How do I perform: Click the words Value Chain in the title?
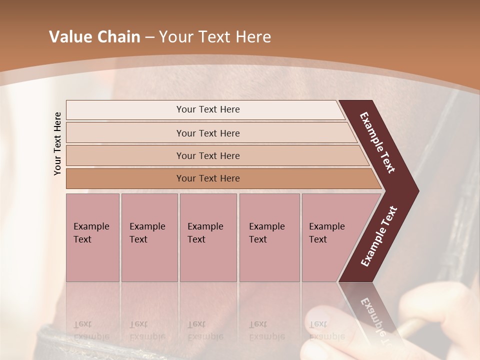tap(94, 37)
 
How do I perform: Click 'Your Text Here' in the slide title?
tap(215, 37)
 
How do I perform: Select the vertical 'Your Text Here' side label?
tap(57, 143)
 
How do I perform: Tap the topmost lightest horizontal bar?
tap(207, 109)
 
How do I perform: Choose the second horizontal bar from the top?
tap(207, 133)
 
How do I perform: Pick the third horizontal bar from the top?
tap(207, 155)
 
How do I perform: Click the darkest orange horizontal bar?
tap(207, 178)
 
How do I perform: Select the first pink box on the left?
tap(92, 237)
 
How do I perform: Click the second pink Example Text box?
tap(149, 237)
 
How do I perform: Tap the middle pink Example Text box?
tap(208, 237)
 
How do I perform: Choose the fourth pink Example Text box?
tap(269, 237)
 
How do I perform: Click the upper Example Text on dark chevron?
tap(377, 142)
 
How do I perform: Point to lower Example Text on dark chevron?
tap(378, 236)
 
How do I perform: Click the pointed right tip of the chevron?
tap(416, 191)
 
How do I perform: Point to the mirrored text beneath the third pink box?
tap(205, 330)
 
